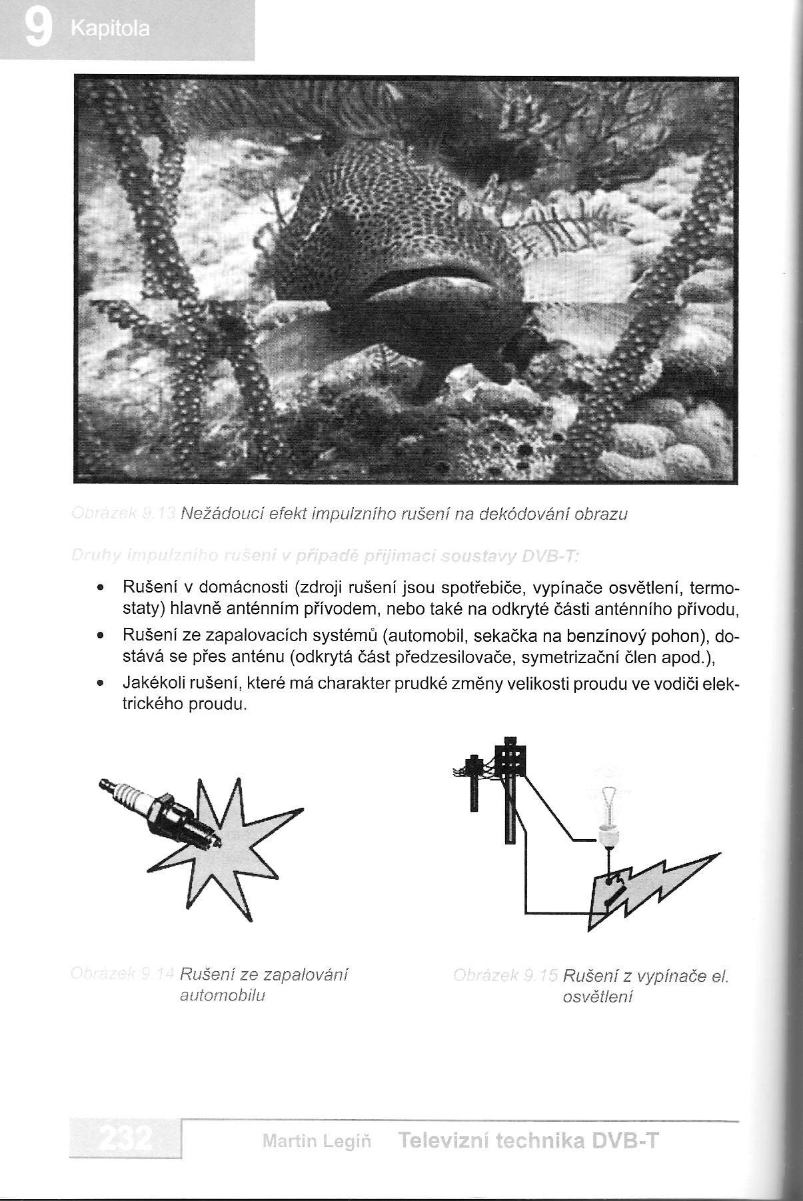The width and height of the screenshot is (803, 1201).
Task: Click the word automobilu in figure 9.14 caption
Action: [x=223, y=996]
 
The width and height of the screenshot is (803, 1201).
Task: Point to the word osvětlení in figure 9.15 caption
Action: [x=594, y=997]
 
